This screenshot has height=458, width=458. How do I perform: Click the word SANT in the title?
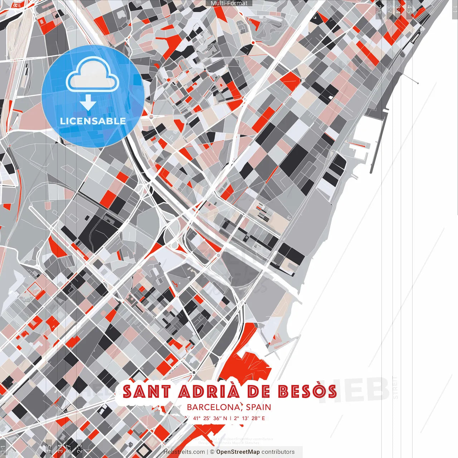pos(146,391)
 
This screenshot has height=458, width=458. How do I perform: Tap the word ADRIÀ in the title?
pos(209,391)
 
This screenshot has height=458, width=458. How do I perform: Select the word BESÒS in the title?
pos(307,391)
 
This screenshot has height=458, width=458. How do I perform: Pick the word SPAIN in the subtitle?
pos(258,407)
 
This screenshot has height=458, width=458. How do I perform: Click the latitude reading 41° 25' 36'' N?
pos(210,418)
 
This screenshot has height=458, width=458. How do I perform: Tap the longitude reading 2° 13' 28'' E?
pos(249,418)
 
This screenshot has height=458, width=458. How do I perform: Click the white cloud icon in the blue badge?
pos(92,75)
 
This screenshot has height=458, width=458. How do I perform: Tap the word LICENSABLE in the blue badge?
pos(93,121)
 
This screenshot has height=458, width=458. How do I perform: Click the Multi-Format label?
pos(229,3)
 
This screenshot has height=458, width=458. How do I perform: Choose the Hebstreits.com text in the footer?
pos(184,452)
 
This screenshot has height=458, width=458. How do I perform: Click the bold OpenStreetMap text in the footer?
pos(238,452)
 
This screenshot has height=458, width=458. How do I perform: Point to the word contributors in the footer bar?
pos(278,452)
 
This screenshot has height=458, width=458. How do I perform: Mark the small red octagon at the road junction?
pos(253,43)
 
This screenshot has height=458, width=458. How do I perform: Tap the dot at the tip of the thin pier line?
pos(418,83)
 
